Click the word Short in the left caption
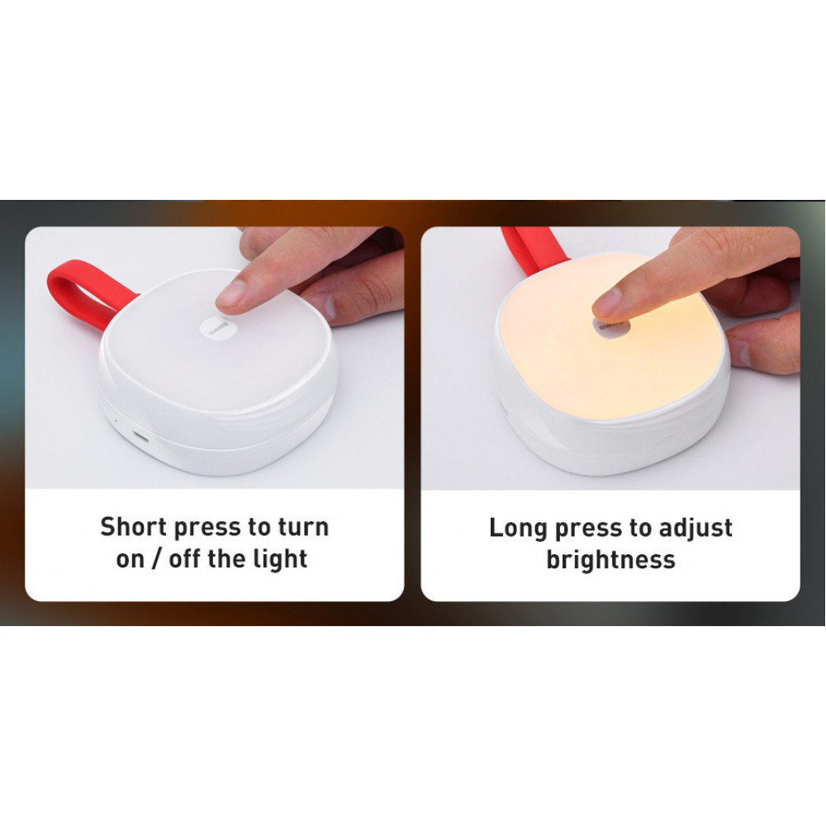(x=133, y=527)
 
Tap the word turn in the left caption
(x=303, y=527)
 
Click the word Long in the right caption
(x=519, y=529)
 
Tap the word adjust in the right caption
(x=695, y=529)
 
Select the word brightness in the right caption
(x=610, y=560)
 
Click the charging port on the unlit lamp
(x=140, y=436)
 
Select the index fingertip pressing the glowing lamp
(x=609, y=306)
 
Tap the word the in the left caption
(x=227, y=559)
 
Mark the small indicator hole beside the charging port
(x=116, y=421)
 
